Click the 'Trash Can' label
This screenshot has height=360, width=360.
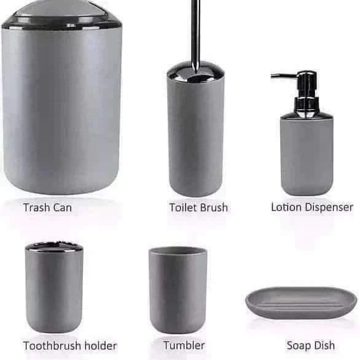[x=47, y=207]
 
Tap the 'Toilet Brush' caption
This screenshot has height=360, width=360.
[x=198, y=207]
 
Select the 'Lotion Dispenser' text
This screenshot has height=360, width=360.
[x=312, y=207]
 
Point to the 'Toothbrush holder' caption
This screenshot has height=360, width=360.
[x=70, y=345]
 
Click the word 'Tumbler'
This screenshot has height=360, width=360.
[x=184, y=345]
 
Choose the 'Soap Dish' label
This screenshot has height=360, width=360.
[x=310, y=345]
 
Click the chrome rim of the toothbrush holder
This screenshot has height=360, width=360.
[x=53, y=247]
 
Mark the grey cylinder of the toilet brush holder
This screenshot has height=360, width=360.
[x=195, y=135]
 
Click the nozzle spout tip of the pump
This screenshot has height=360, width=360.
[x=273, y=77]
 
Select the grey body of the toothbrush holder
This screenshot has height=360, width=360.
[x=53, y=292]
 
